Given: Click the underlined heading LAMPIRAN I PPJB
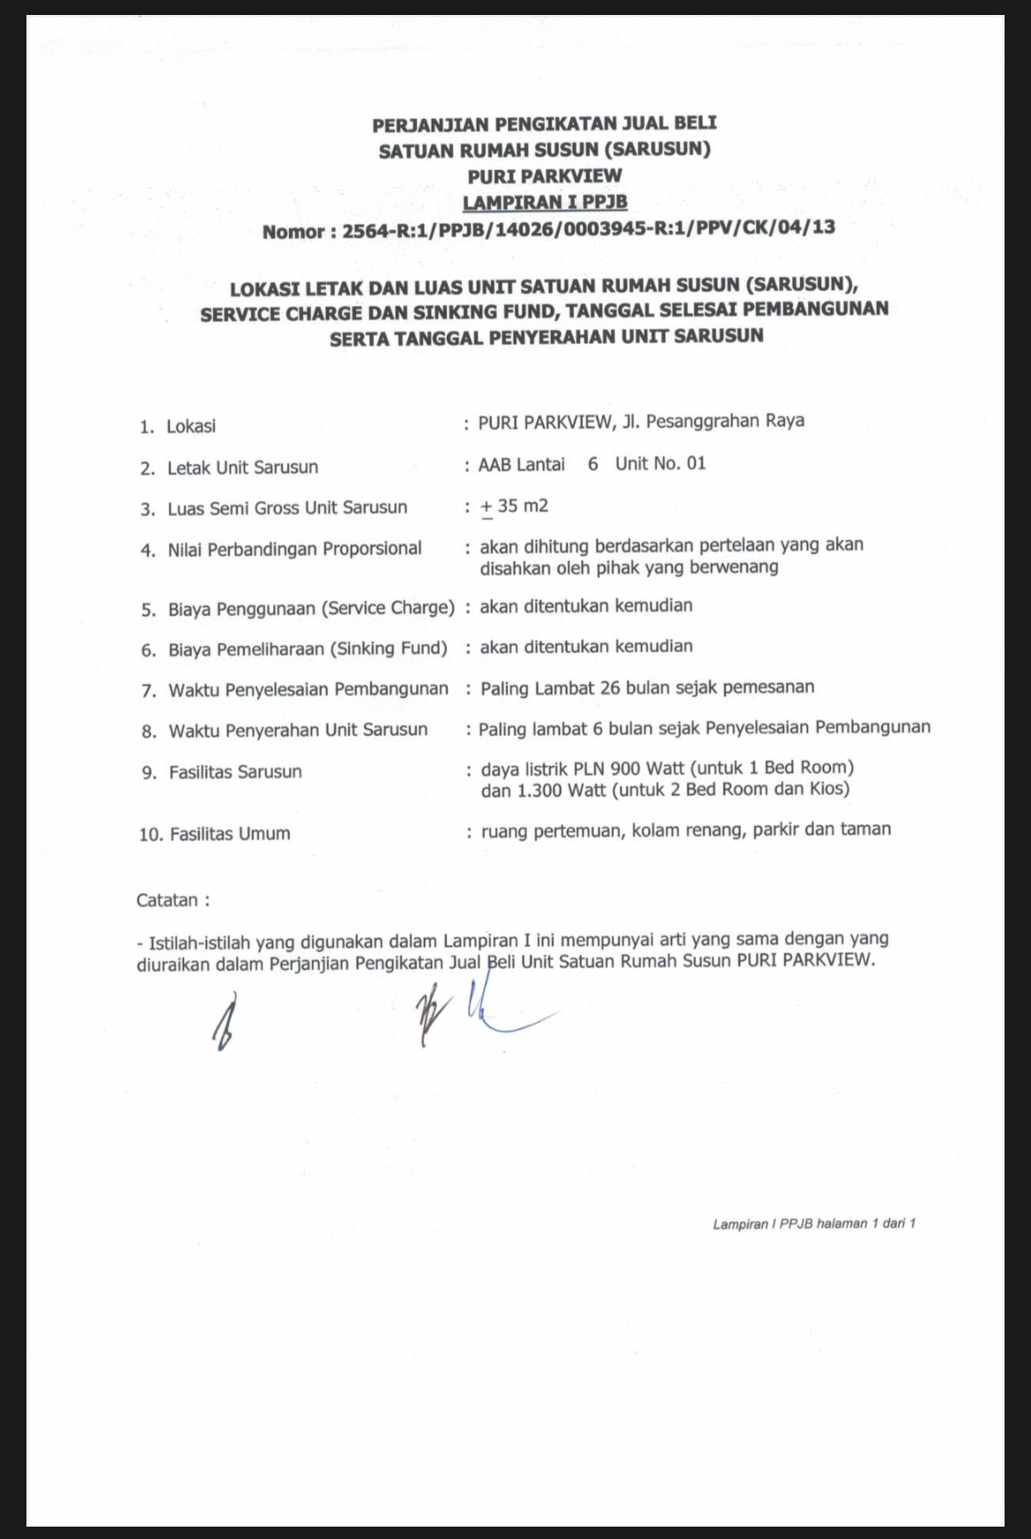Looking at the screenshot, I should [545, 202].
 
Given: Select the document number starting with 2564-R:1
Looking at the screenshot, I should [588, 228].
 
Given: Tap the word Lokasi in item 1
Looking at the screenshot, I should [191, 427].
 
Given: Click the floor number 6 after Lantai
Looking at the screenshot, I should [593, 464].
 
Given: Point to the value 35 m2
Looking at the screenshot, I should [522, 506].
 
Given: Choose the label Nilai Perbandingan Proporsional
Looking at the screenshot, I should [294, 549].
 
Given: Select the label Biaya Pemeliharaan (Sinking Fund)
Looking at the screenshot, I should [308, 650].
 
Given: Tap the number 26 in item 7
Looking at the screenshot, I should [610, 688].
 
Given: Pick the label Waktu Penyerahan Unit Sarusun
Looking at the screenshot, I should [298, 731].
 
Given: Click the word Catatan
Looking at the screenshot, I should [167, 901].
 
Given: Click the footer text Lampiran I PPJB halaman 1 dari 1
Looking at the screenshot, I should [813, 1223].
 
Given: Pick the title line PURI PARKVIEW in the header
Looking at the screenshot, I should [545, 176].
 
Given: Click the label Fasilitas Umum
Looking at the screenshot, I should [229, 834].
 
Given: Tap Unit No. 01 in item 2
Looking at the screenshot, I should [660, 464].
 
